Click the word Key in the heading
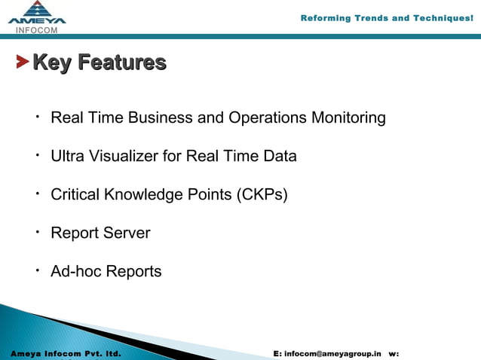pos(53,62)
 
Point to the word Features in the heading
pos(122,62)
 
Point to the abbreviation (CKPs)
pos(262,195)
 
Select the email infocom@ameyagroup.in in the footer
pos(332,353)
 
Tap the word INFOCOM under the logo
pos(37,30)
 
